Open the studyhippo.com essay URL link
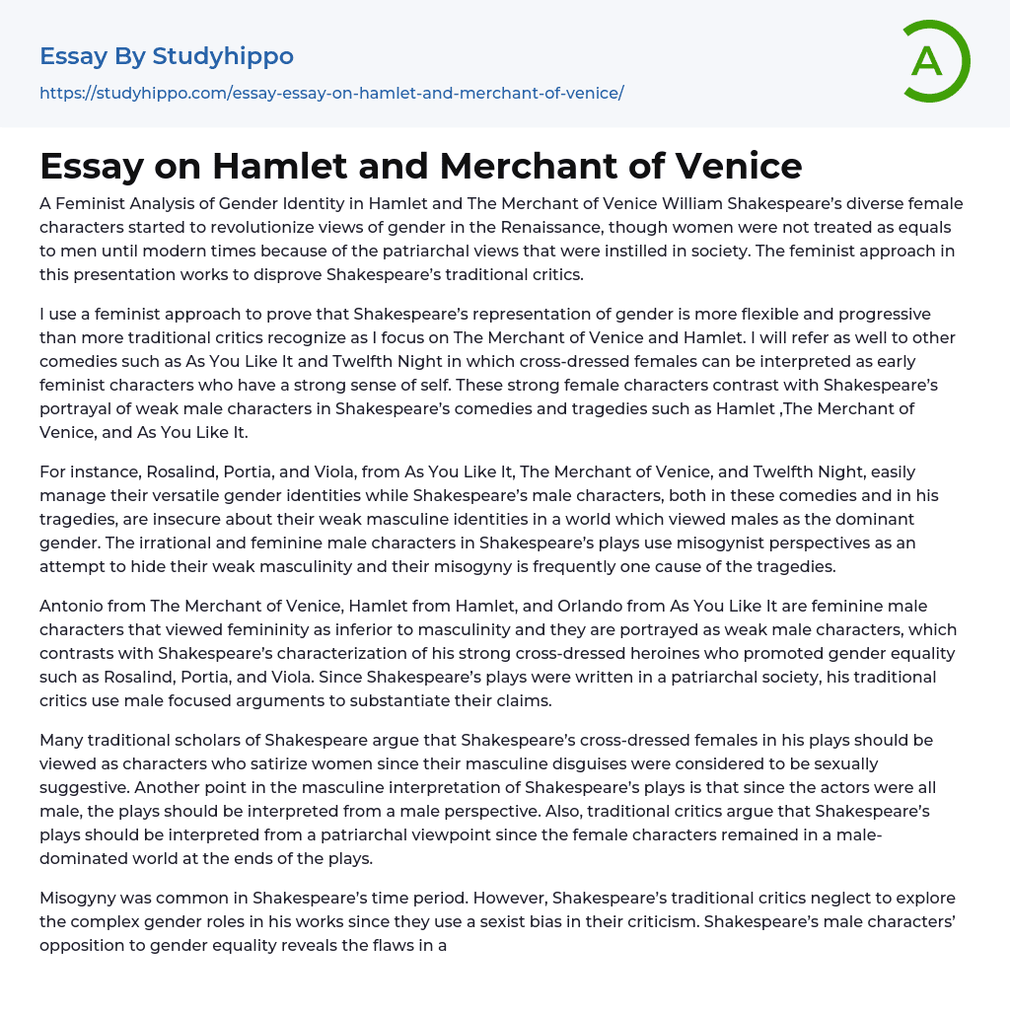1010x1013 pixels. [x=331, y=93]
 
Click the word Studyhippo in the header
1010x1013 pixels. [x=223, y=56]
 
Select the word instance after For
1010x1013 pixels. [x=107, y=471]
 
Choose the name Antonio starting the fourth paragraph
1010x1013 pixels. [x=72, y=606]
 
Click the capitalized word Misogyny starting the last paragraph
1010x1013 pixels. [x=79, y=898]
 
